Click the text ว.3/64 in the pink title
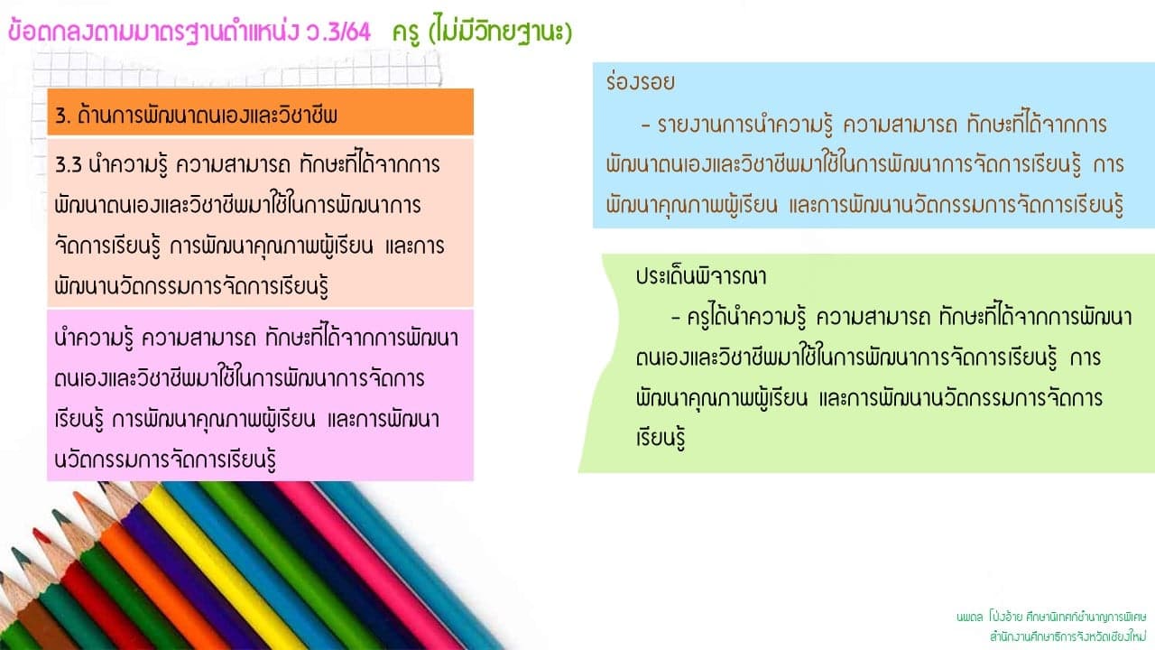click(x=337, y=32)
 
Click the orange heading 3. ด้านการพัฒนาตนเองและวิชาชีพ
click(x=196, y=115)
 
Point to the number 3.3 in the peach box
click(x=68, y=165)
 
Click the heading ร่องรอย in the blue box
click(x=641, y=81)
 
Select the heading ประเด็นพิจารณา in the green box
click(x=701, y=276)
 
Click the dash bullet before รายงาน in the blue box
click(x=645, y=125)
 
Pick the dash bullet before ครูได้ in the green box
click(x=676, y=317)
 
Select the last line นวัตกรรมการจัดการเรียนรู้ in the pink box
click(x=165, y=460)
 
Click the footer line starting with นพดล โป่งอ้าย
click(x=1051, y=617)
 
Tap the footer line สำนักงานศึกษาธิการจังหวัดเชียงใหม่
click(x=1067, y=636)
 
